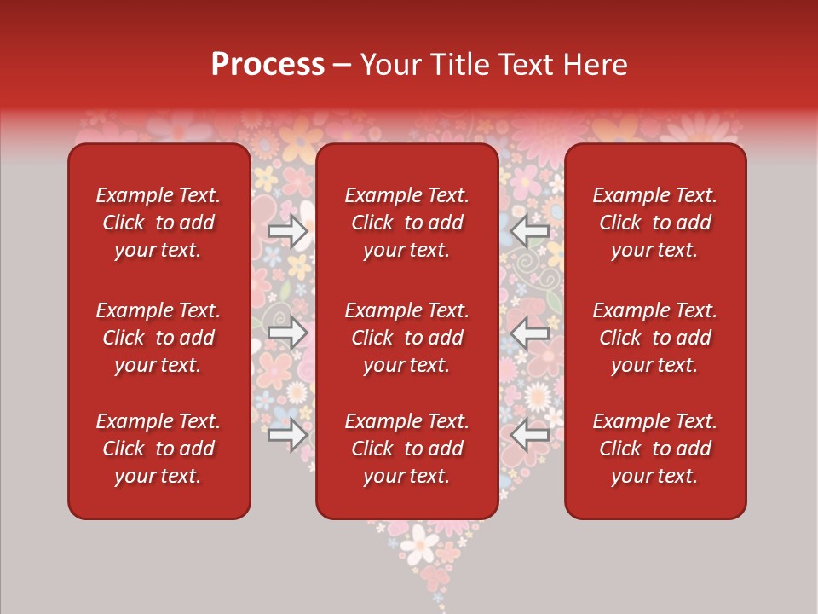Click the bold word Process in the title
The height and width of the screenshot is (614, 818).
click(268, 65)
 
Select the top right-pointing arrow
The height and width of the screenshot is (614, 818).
click(287, 230)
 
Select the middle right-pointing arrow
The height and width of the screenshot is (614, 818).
click(287, 333)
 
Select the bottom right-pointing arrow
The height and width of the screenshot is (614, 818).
click(287, 435)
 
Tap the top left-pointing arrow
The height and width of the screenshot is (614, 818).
click(530, 230)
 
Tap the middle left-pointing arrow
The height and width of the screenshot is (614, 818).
click(530, 333)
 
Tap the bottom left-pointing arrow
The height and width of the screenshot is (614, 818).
click(530, 435)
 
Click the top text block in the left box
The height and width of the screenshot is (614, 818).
click(158, 223)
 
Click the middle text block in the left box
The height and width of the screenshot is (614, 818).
click(158, 338)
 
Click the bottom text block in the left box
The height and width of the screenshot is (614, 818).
click(158, 449)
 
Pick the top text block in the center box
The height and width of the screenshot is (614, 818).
click(407, 223)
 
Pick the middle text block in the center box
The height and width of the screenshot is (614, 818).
click(407, 338)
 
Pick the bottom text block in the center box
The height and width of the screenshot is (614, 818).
click(407, 449)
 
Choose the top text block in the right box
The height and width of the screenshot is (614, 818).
click(655, 223)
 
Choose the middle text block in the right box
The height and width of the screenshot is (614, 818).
click(655, 338)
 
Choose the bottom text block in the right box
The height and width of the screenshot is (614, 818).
click(655, 449)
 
